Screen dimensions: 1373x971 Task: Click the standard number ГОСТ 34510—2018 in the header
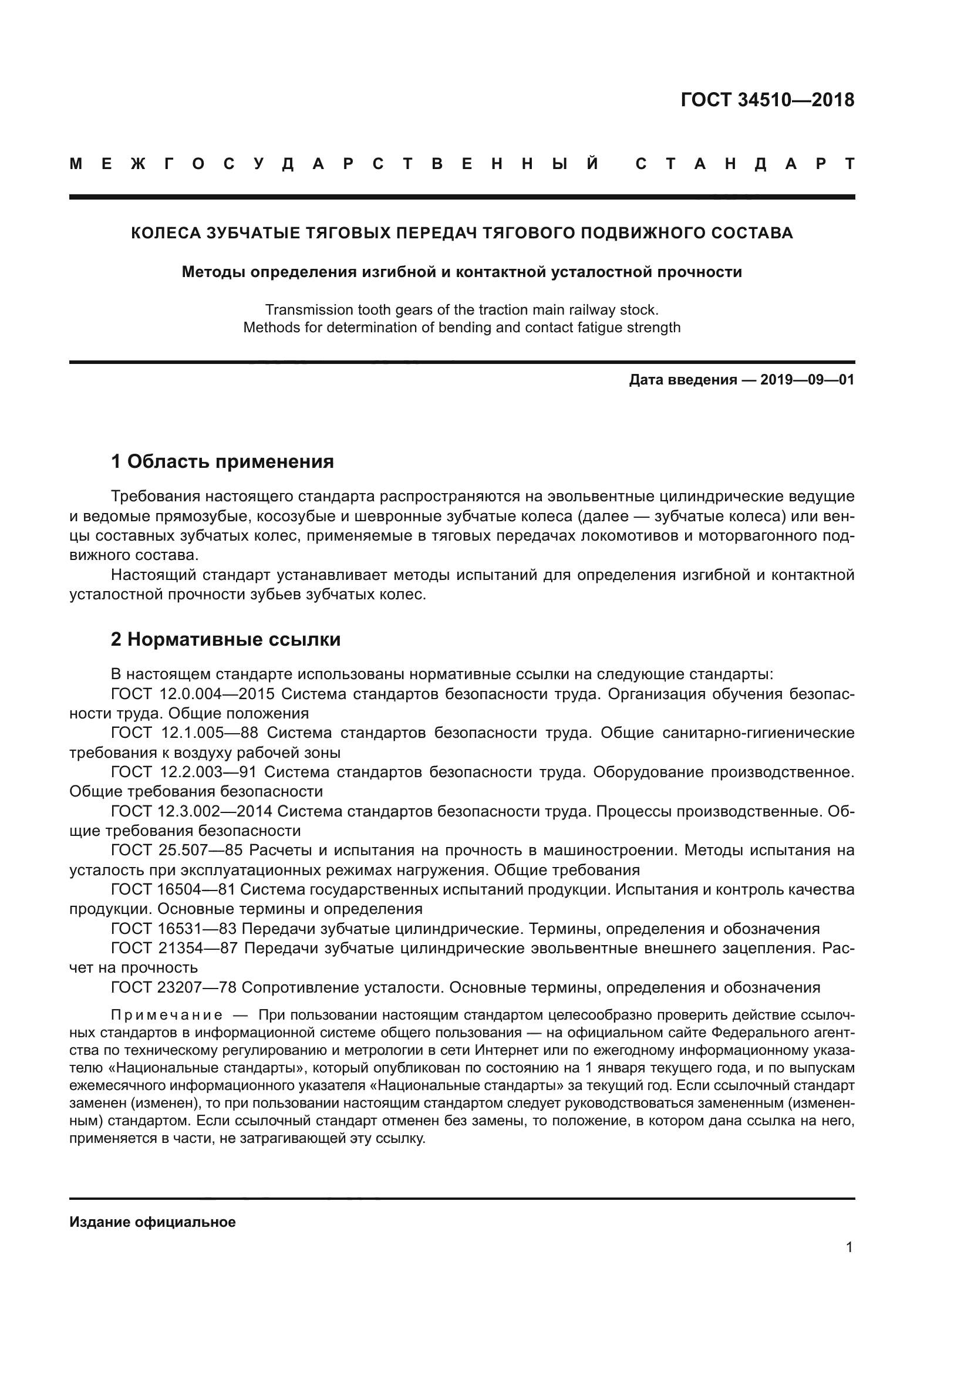[x=767, y=100]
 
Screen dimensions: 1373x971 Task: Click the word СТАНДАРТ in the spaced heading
[x=745, y=164]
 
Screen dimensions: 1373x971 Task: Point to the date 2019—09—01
[x=807, y=380]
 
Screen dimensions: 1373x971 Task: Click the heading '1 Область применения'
[x=222, y=461]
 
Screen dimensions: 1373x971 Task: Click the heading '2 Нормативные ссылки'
[x=226, y=640]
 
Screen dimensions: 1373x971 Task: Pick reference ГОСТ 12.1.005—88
[x=185, y=733]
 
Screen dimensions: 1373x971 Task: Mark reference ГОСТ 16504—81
[x=173, y=889]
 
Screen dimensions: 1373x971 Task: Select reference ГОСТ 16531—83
[x=174, y=929]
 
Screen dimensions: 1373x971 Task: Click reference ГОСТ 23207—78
[x=174, y=987]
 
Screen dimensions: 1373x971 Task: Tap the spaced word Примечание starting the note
[x=167, y=1016]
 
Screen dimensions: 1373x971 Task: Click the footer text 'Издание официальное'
[x=153, y=1222]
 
